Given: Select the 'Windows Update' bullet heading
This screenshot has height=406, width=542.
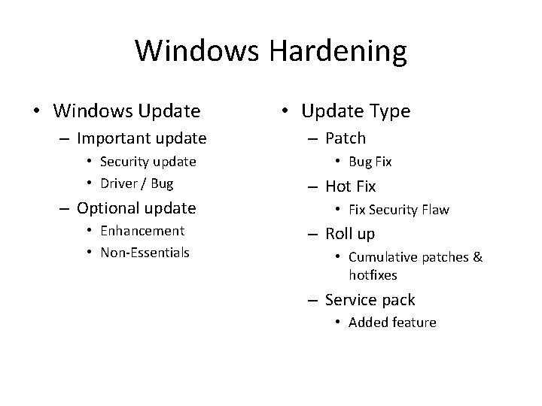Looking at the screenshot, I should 126,112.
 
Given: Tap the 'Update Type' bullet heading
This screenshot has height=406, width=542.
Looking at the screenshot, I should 355,112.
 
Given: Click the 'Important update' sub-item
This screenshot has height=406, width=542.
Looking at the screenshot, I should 141,138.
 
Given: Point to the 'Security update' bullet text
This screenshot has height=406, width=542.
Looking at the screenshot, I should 148,162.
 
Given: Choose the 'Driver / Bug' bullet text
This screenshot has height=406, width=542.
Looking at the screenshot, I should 136,183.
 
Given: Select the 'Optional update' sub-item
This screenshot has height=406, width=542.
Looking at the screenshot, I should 135,208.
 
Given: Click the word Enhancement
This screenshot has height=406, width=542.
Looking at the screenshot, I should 142,231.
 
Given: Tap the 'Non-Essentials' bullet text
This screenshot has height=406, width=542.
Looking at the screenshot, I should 145,253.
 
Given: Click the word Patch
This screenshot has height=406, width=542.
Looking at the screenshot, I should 345,138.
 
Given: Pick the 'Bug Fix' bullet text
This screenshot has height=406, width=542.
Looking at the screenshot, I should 370,162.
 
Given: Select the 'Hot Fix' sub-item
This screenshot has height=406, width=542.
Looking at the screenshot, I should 350,186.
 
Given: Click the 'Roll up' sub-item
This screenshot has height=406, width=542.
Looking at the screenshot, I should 349,234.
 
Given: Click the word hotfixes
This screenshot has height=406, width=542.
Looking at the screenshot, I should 373,275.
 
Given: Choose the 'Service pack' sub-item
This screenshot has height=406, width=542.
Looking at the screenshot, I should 370,300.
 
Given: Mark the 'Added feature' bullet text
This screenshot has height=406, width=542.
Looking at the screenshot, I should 392,323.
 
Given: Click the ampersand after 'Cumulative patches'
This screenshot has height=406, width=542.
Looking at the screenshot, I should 477,258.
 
